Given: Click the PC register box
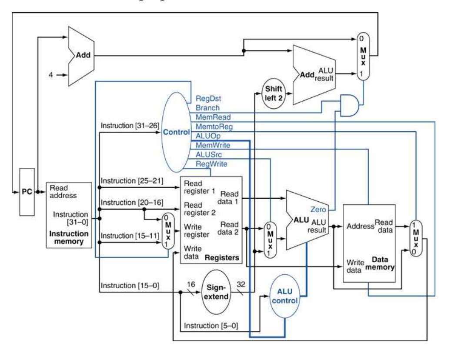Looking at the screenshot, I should [27, 192].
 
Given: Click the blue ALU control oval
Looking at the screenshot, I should [285, 296].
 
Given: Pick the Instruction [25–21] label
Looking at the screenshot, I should [132, 180].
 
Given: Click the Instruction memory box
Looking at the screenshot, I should [69, 215].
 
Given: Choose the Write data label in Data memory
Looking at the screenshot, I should [354, 266].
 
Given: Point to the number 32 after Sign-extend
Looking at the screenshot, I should [241, 285].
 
